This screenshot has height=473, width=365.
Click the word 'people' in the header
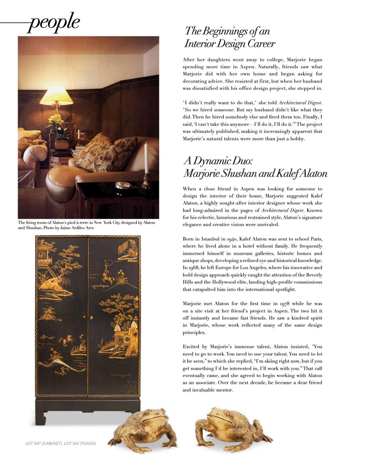(54, 22)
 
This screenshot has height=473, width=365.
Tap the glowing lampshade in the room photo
(57, 95)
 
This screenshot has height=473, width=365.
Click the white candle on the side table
(146, 158)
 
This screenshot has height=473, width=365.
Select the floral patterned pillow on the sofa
(104, 152)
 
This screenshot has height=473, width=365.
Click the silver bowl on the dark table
(123, 185)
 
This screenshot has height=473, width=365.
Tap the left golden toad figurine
(143, 429)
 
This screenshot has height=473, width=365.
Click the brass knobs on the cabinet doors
(88, 317)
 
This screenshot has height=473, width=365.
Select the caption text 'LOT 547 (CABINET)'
(44, 443)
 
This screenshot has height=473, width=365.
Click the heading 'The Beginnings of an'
(227, 31)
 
